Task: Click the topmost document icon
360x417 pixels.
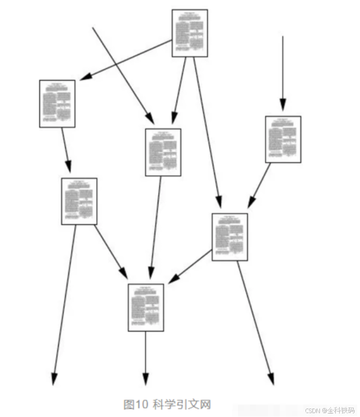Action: pos(189,33)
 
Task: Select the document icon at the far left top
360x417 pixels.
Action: pos(57,104)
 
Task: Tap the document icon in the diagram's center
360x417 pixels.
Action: pos(163,152)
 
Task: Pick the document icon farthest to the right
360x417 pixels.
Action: pos(283,139)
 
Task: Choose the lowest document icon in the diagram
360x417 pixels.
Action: pos(146,307)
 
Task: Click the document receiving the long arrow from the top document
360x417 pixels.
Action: pos(230,237)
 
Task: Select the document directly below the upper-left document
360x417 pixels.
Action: pos(79,201)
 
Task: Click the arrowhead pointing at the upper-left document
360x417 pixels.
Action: pos(86,77)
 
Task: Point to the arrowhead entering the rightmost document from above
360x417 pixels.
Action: pos(282,105)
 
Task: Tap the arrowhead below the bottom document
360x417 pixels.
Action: pos(145,379)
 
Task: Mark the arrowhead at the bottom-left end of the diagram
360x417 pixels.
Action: pos(54,379)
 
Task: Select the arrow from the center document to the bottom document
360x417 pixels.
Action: pos(156,228)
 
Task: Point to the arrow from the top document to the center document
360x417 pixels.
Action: pos(179,90)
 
